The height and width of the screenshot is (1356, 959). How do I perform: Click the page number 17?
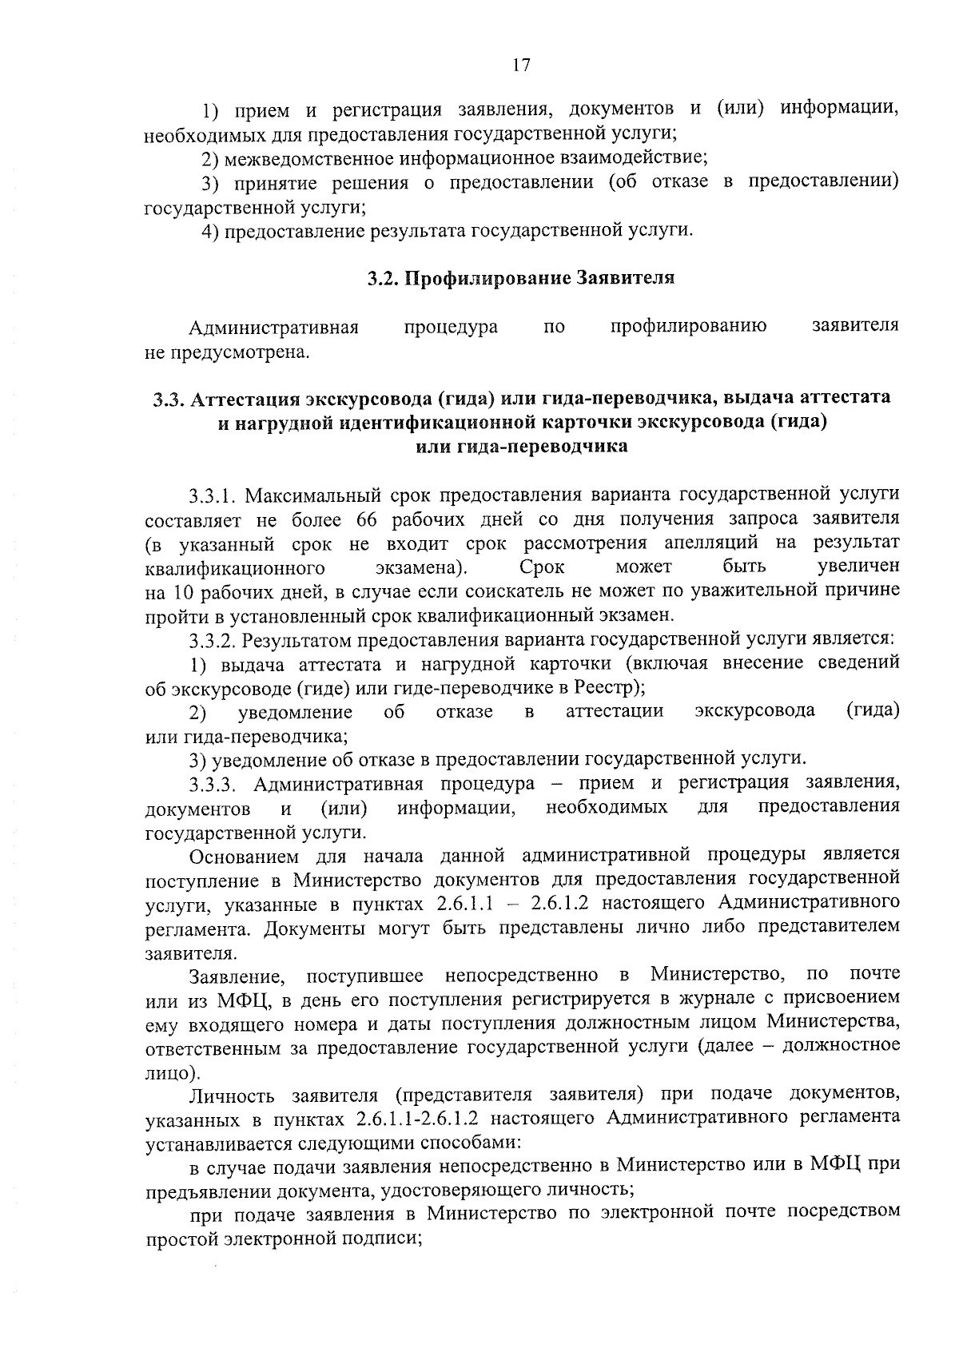pos(520,66)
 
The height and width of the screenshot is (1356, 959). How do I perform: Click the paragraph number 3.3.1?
pos(212,495)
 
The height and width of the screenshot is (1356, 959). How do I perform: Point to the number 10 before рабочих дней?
pos(179,592)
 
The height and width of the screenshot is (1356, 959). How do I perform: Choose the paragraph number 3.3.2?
pos(213,640)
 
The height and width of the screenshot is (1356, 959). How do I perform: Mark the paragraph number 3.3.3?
pos(214,784)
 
